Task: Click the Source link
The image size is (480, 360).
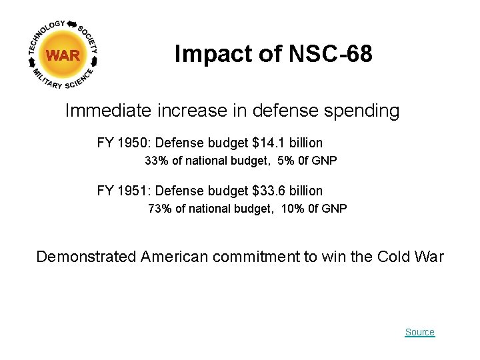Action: click(x=419, y=332)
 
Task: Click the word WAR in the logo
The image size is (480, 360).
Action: click(x=63, y=56)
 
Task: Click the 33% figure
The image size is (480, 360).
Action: click(x=156, y=161)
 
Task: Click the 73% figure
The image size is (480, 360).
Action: click(x=159, y=209)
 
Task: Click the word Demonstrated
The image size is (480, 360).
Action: click(x=86, y=257)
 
